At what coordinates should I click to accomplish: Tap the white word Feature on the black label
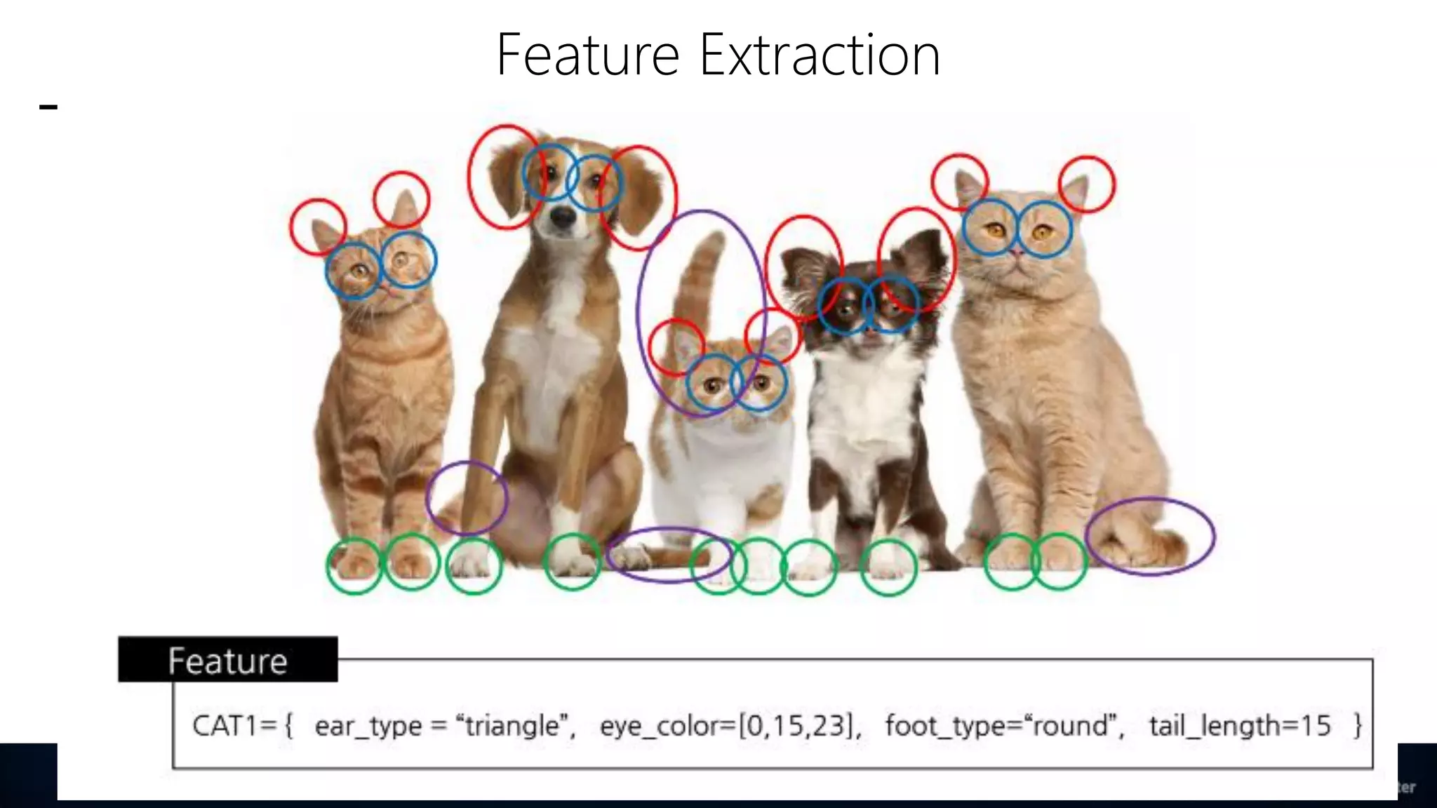click(227, 661)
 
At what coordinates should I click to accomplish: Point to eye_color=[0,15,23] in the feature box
click(730, 725)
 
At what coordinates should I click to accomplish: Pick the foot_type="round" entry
click(1004, 725)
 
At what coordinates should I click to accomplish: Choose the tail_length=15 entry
click(1240, 725)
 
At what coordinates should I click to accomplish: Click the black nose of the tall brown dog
click(562, 217)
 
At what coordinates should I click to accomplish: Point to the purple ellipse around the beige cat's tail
click(1149, 536)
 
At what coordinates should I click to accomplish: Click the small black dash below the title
click(48, 107)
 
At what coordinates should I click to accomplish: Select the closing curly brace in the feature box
click(1358, 725)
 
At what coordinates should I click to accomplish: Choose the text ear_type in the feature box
click(368, 725)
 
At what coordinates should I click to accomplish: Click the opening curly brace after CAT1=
click(288, 725)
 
